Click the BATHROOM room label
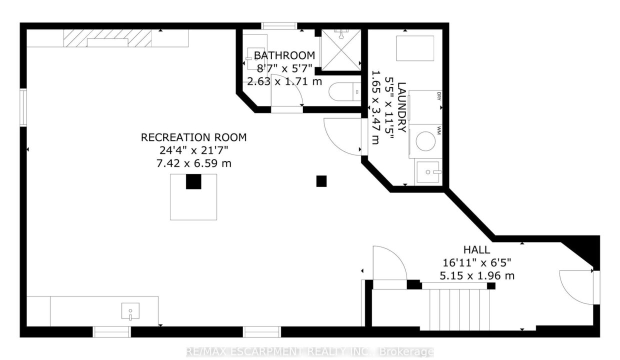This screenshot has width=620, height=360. [284, 55]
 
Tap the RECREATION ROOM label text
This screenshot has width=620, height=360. [194, 137]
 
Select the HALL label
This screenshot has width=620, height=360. [476, 250]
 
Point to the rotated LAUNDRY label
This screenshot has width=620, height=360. [402, 107]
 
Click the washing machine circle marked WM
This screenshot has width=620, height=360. [425, 141]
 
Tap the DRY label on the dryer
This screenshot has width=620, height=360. [438, 96]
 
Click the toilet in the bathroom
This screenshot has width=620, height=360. [345, 92]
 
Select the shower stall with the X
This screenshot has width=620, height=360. [341, 50]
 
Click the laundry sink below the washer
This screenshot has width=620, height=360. [428, 172]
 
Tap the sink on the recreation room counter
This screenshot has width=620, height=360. [130, 311]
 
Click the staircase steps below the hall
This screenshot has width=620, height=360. [459, 309]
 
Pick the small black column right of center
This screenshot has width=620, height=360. [321, 181]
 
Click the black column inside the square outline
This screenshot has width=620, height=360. [193, 181]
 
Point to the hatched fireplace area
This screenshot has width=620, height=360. [107, 38]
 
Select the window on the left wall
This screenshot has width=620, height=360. [23, 107]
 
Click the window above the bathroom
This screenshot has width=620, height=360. [279, 26]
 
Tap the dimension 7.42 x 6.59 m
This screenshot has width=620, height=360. [194, 163]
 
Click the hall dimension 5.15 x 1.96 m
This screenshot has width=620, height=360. [477, 276]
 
